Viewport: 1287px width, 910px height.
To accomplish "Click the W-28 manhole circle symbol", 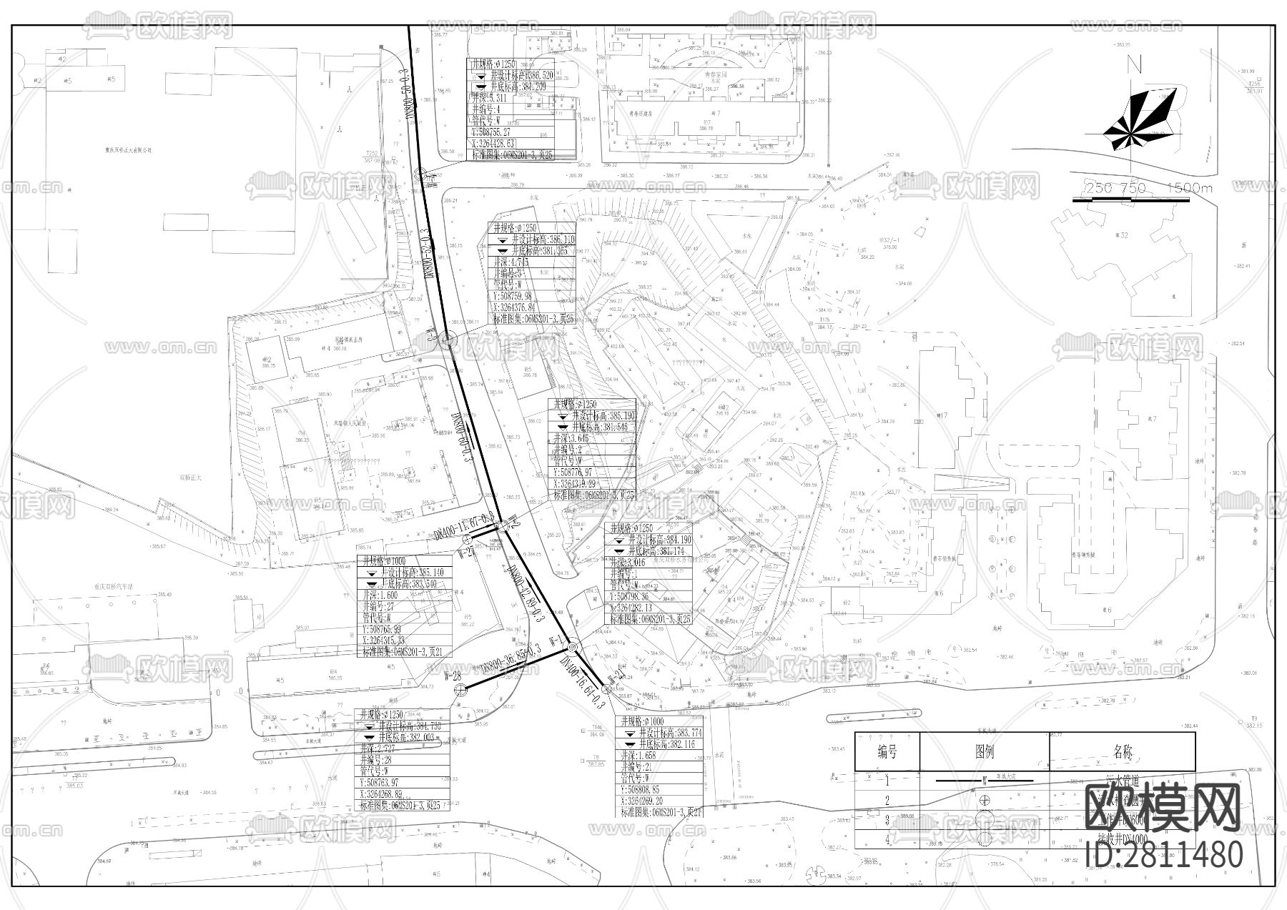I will pyautogui.click(x=462, y=688).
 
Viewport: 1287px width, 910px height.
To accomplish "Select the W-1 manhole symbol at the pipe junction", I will pyautogui.click(x=572, y=647).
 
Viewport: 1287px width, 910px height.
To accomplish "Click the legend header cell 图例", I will pyautogui.click(x=984, y=751).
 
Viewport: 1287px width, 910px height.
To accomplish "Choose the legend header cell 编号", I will pyautogui.click(x=887, y=751).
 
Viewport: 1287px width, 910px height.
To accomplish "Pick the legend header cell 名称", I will pyautogui.click(x=1123, y=751).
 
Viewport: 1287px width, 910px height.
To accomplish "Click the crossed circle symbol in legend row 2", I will pyautogui.click(x=985, y=800).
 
